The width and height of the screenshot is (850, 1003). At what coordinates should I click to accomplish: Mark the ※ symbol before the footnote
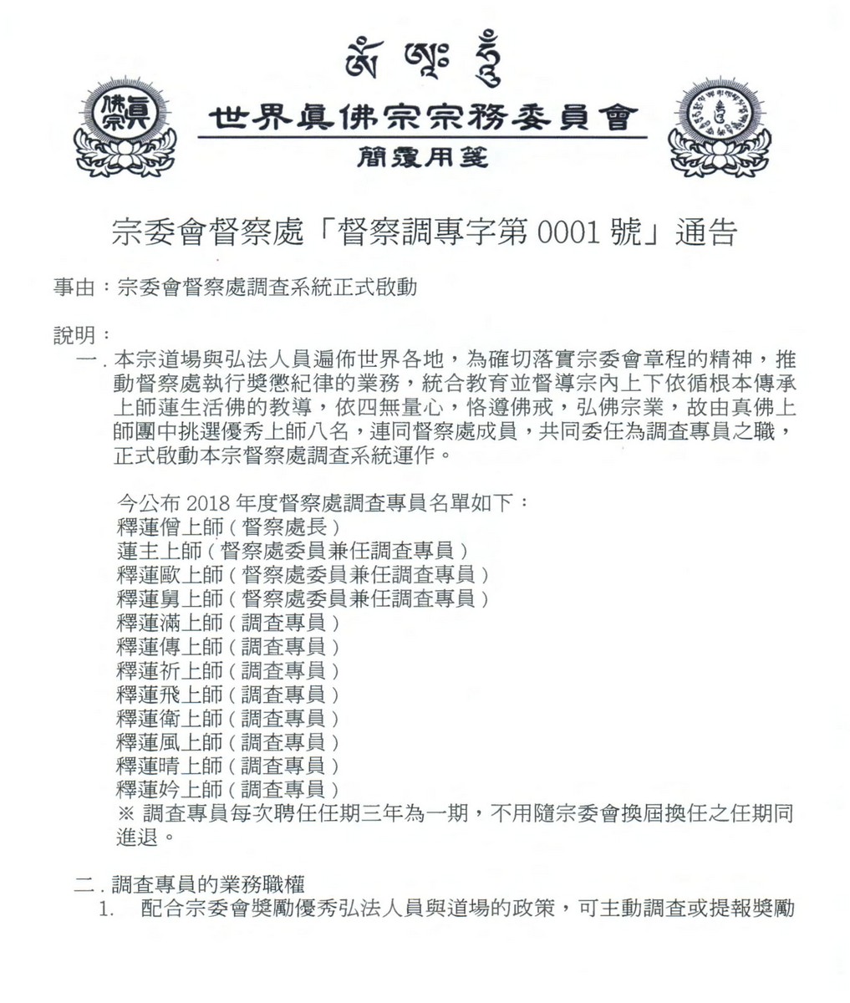click(128, 812)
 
